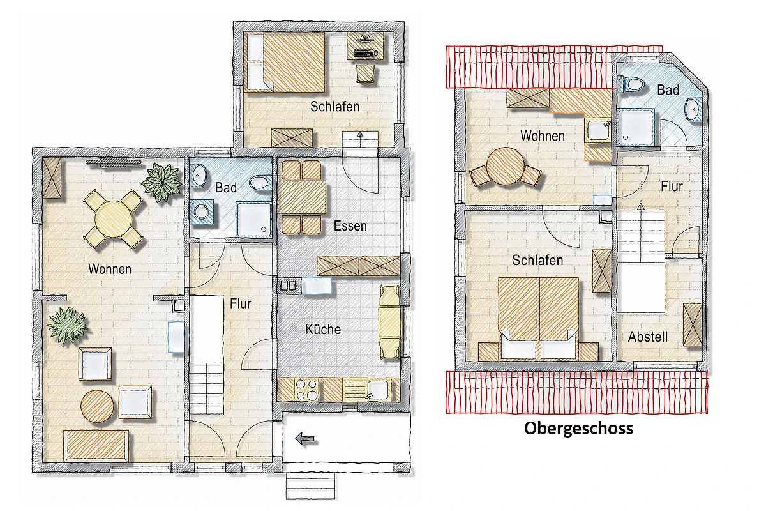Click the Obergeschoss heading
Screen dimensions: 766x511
[x=578, y=429]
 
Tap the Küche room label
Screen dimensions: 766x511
[x=323, y=329]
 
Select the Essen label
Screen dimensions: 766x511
[x=350, y=226]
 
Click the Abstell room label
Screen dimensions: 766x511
[x=648, y=337]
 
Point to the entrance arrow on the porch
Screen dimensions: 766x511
[x=305, y=438]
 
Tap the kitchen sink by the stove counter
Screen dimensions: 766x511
[x=378, y=390]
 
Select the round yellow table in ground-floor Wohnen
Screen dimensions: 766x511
[x=114, y=218]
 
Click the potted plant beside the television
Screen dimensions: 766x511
[x=161, y=182]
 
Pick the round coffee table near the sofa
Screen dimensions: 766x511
[x=98, y=406]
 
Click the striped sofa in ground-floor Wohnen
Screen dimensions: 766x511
[x=96, y=446]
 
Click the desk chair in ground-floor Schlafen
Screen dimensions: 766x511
[x=366, y=73]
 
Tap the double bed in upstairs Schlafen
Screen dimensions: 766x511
[x=539, y=319]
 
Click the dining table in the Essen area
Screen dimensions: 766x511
[x=302, y=197]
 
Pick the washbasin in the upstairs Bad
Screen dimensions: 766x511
[x=693, y=109]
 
